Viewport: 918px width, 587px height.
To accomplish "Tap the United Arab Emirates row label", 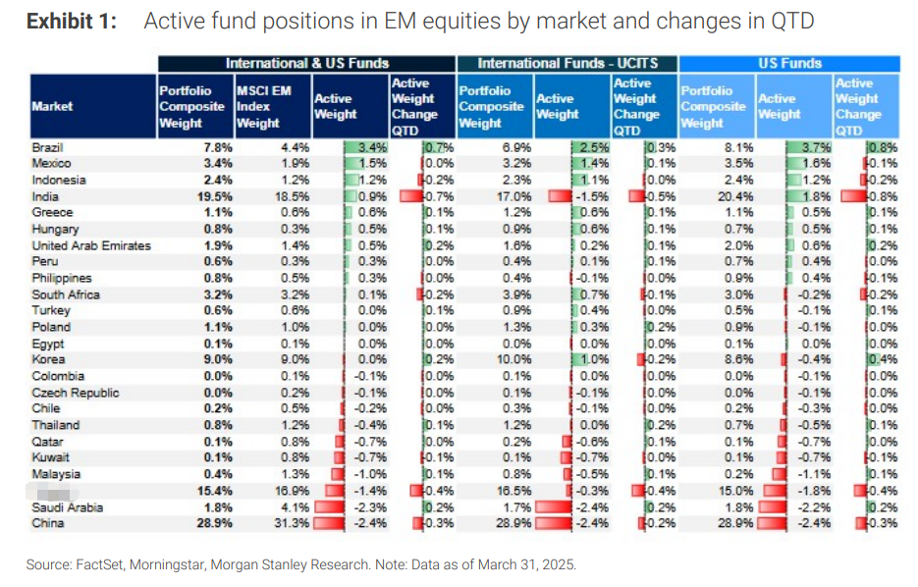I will coord(91,245).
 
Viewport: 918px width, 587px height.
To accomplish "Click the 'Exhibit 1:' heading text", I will coord(71,22).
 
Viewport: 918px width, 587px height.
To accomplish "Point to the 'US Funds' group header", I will coord(788,63).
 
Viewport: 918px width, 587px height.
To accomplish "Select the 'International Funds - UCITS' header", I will coord(567,63).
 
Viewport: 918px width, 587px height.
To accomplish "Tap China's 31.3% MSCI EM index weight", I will coord(291,524).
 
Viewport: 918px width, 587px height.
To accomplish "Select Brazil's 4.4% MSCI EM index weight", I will coord(294,147).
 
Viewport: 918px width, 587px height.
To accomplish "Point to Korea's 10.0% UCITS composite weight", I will coord(513,360).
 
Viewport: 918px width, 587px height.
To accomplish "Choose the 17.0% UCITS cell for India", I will coord(513,196).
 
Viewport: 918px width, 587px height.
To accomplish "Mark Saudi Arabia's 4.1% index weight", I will coord(294,507).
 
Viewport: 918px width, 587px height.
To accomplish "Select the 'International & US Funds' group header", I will coord(307,63).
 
